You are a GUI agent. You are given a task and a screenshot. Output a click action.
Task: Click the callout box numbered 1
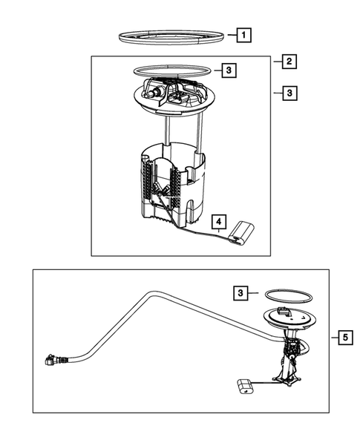243,35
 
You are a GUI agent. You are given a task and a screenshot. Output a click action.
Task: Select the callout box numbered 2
289,62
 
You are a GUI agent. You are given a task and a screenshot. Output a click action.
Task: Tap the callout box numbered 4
219,222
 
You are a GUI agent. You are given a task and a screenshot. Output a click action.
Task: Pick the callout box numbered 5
345,338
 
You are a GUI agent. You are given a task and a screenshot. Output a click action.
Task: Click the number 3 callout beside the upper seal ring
229,70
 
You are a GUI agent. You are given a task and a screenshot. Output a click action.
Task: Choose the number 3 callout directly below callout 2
289,93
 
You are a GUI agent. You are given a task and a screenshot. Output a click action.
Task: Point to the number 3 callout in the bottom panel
240,293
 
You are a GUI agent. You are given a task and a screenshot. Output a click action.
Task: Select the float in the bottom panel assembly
245,387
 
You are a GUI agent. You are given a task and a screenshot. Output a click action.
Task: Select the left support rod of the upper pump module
166,131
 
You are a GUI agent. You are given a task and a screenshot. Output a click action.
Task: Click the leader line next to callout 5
334,338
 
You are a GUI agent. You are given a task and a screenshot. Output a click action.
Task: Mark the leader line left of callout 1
232,35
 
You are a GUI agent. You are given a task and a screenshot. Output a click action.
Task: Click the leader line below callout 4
219,231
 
